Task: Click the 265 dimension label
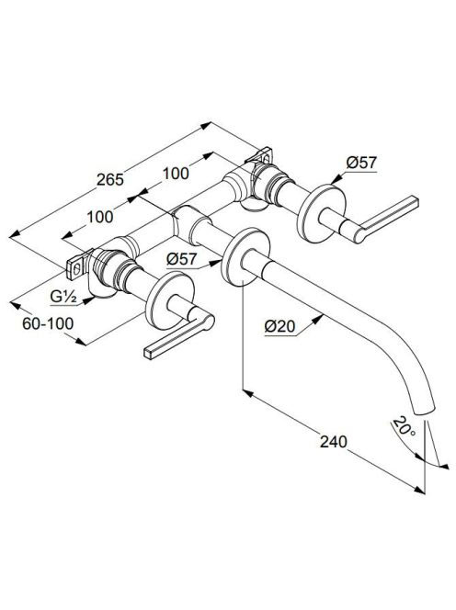point(110,180)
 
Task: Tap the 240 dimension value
point(333,442)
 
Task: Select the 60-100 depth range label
point(48,323)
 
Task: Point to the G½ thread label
point(63,298)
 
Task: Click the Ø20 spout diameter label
point(280,326)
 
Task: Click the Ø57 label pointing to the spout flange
point(182,259)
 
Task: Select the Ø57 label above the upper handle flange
point(361,163)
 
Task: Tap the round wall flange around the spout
point(245,256)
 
